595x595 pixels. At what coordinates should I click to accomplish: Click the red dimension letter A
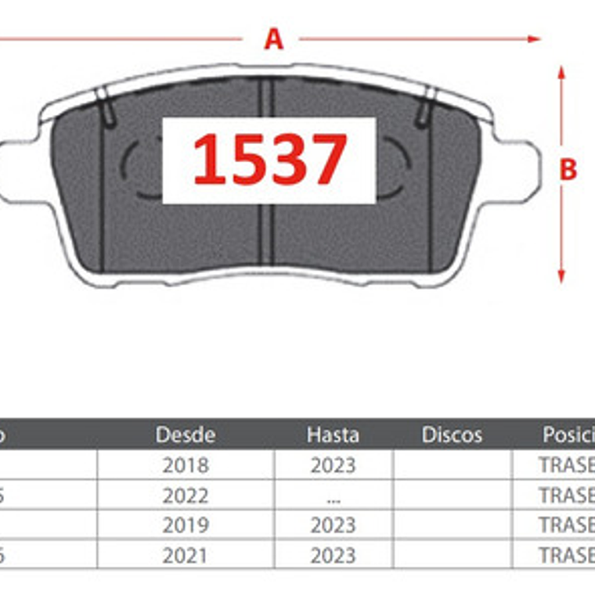click(x=272, y=38)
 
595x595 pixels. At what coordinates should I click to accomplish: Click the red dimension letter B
click(x=568, y=170)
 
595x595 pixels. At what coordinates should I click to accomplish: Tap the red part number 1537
click(x=269, y=160)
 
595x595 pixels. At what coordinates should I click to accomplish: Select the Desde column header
click(x=186, y=435)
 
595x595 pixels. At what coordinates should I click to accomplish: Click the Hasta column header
click(x=333, y=435)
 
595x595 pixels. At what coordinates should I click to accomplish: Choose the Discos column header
click(x=452, y=435)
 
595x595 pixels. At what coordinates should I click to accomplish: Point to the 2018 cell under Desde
click(x=186, y=465)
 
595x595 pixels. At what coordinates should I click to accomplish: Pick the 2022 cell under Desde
click(x=186, y=495)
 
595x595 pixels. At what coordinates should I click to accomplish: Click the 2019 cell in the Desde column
click(x=186, y=525)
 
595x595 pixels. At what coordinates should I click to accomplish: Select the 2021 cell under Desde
click(x=186, y=555)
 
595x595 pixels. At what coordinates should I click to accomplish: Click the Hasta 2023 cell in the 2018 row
click(x=333, y=465)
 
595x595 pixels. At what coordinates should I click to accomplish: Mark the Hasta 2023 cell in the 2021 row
click(x=333, y=555)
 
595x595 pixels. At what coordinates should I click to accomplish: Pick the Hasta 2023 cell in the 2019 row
click(x=333, y=525)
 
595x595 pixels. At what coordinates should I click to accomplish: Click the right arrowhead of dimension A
click(x=535, y=38)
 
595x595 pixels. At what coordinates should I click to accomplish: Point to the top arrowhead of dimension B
click(x=561, y=72)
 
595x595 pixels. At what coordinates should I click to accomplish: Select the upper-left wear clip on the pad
click(x=106, y=106)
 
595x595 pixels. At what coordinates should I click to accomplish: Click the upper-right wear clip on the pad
click(x=427, y=106)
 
